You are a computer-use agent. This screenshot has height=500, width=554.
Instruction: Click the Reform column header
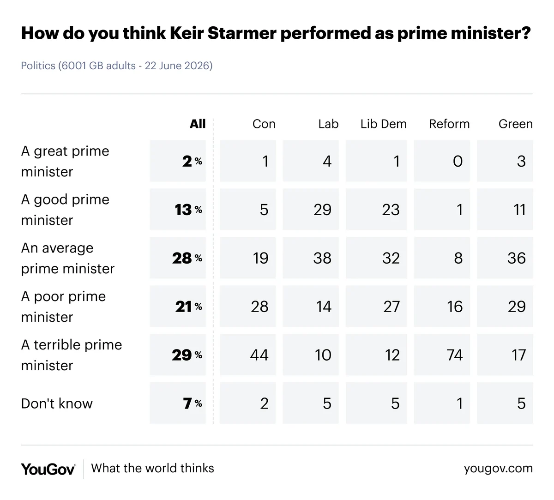pos(449,124)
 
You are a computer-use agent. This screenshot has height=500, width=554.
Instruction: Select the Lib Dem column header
pos(383,124)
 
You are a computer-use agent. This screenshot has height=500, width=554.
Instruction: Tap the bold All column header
pos(198,124)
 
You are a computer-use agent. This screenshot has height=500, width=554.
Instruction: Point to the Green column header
pos(516,124)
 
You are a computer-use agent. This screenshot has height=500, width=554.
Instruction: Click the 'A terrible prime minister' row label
pos(72,355)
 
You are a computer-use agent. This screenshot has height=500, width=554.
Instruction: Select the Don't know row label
pos(57,404)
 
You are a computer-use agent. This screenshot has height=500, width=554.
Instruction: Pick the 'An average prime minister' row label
pos(68,258)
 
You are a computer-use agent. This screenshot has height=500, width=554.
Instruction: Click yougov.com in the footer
pos(498,469)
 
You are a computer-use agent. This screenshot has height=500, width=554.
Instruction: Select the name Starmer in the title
pos(242,33)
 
